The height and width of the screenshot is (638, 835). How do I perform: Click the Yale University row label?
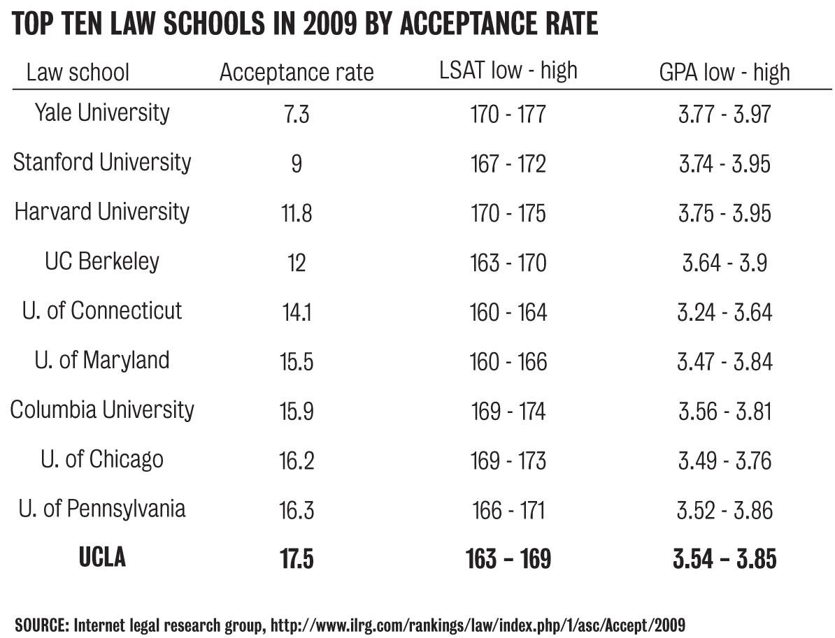click(x=102, y=113)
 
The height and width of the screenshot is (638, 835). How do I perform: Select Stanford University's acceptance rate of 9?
click(x=297, y=163)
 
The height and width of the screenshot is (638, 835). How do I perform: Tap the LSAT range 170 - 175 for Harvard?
click(x=508, y=212)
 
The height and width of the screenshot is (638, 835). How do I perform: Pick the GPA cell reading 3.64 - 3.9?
click(x=725, y=263)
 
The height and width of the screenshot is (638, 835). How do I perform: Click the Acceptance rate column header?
click(x=297, y=72)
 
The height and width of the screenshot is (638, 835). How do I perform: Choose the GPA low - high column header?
click(x=725, y=72)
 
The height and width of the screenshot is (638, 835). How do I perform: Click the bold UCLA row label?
click(x=102, y=558)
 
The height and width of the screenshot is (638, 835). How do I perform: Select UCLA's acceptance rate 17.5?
click(x=297, y=560)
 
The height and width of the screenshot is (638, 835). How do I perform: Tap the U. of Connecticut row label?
click(x=102, y=310)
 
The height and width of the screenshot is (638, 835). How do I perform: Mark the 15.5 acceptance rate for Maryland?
click(x=297, y=362)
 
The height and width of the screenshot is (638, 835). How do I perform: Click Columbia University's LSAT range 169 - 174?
click(x=508, y=412)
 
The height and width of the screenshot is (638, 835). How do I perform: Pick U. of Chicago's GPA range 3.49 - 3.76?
click(x=725, y=461)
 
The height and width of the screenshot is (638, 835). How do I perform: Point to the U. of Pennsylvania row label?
click(x=102, y=509)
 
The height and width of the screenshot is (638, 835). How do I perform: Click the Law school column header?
click(x=78, y=72)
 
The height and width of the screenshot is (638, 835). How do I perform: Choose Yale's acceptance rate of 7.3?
click(x=297, y=113)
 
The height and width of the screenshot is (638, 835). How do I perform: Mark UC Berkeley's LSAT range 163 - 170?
click(x=508, y=263)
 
